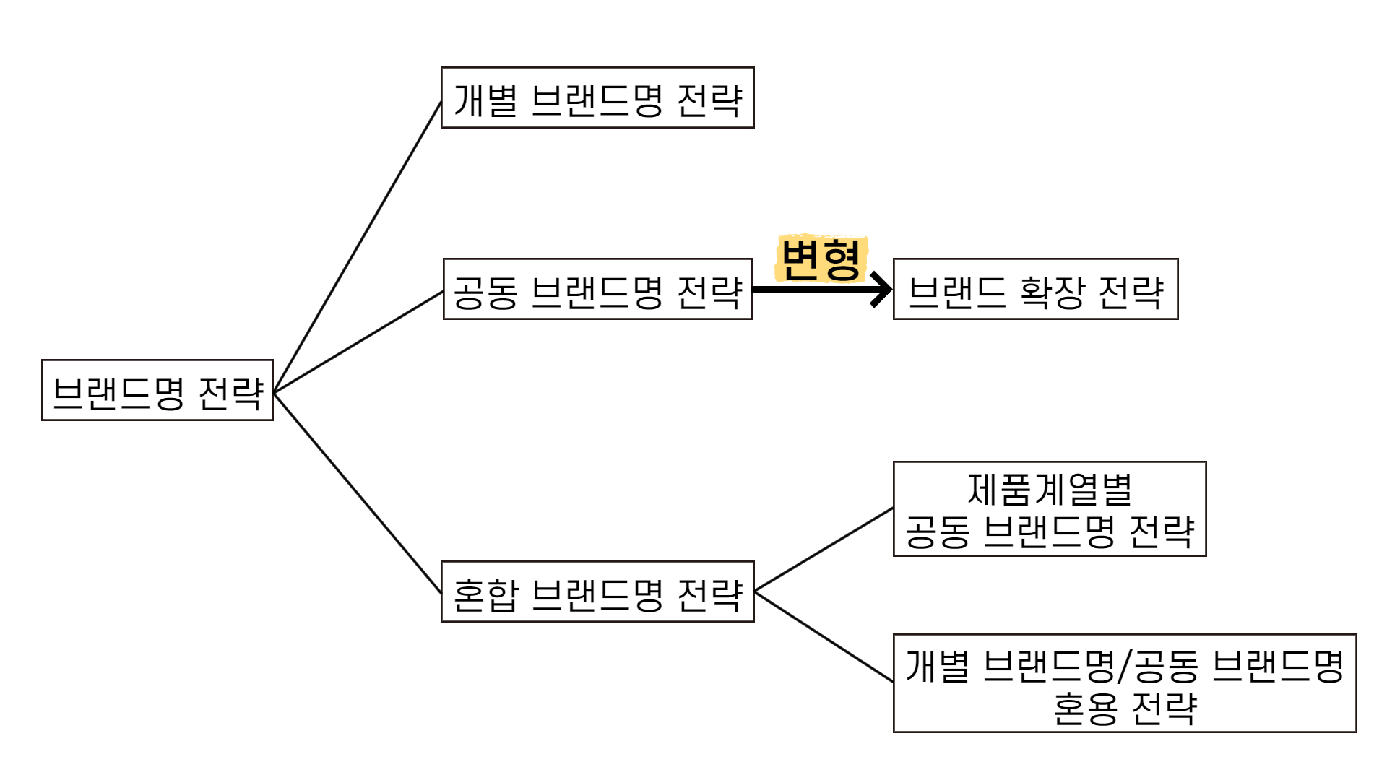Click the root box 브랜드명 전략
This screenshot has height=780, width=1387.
pos(157,390)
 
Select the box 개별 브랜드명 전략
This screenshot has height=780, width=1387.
pos(597,97)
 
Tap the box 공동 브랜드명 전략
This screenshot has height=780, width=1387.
pos(597,289)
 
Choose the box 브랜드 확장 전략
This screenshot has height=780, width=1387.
pos(1035,289)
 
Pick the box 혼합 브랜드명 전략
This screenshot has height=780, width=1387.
pos(597,591)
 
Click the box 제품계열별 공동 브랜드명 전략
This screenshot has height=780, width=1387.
pos(1050,509)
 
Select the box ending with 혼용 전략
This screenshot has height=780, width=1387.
pos(1125,683)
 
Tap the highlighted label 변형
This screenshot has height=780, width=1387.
pos(821,259)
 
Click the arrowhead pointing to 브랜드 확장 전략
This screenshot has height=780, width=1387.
pos(881,290)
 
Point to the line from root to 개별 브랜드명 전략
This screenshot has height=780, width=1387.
pos(358,247)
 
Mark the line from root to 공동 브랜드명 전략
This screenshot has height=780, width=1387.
pos(358,342)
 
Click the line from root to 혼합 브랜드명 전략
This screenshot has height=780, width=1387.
pos(358,493)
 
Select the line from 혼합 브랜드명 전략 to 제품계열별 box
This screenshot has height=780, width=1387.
pos(824,550)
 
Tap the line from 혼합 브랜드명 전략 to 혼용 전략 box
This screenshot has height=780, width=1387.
pos(824,636)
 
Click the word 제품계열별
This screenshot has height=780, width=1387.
pos(1050,489)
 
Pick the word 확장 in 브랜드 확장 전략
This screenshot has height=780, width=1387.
pos(1052,291)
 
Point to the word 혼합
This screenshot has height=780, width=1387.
pos(485,594)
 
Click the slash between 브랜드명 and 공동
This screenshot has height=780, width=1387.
pos(1123,667)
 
